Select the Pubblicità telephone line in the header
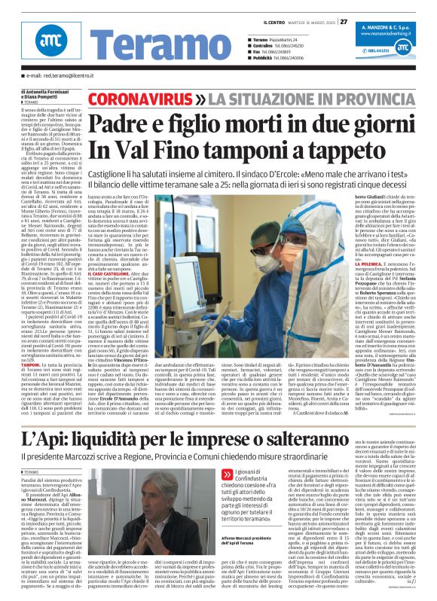point(275,58)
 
